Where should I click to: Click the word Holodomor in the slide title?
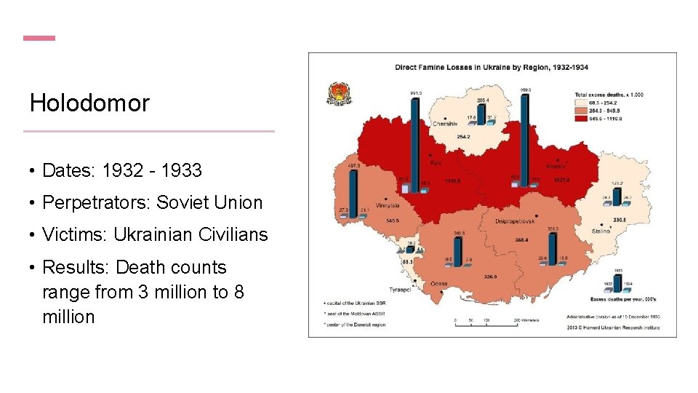89,103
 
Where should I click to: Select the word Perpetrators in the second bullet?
95,202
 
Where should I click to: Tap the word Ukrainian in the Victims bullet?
151,234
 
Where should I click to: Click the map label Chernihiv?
446,124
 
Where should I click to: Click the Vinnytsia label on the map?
390,205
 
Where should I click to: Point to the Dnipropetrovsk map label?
515,221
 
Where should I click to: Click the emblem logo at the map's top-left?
338,93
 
